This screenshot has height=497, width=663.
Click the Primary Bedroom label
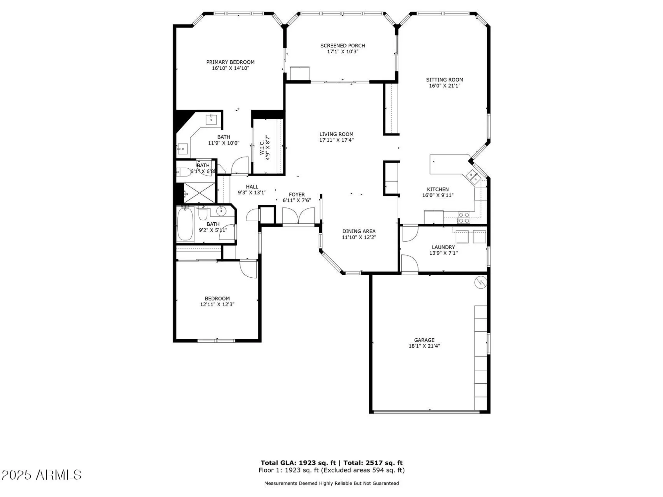tap(230, 62)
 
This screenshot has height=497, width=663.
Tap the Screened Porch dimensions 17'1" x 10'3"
tap(343, 52)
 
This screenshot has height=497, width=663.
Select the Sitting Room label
tap(444, 80)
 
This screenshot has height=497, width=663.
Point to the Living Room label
tap(336, 134)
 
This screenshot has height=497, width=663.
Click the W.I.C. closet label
tap(262, 147)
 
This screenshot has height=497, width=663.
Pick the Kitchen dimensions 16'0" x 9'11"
tap(438, 195)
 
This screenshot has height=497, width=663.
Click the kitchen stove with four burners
tap(464, 218)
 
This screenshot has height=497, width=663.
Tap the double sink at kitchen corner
tap(473, 177)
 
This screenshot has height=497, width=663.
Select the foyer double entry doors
tap(298, 216)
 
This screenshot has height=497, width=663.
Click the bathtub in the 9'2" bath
tap(185, 224)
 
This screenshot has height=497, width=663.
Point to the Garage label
tap(424, 340)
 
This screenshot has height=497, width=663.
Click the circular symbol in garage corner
tap(480, 282)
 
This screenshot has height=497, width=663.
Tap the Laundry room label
tap(443, 247)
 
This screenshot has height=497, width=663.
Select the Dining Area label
tap(359, 231)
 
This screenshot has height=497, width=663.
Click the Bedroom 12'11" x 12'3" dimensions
tap(217, 304)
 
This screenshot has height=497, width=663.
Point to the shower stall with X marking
tap(200, 193)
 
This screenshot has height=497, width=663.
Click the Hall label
tap(252, 187)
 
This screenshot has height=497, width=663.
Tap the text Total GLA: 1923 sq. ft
tap(298, 463)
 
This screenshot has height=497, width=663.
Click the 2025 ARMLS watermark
tap(41, 475)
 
